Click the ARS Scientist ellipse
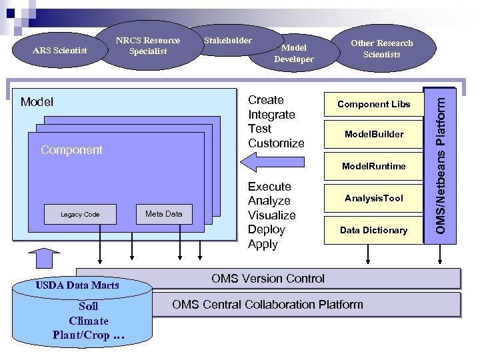click(x=60, y=50)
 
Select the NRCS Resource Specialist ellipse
click(x=148, y=45)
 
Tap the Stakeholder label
click(x=227, y=41)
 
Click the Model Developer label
click(x=293, y=53)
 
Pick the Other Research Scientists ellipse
click(x=381, y=48)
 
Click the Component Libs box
click(x=373, y=104)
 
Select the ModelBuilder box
click(x=373, y=134)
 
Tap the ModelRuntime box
click(x=373, y=166)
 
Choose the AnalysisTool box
click(x=373, y=198)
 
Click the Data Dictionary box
click(x=373, y=230)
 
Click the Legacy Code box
click(x=80, y=214)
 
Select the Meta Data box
click(x=163, y=214)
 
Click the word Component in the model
click(x=71, y=150)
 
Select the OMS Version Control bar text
click(x=268, y=279)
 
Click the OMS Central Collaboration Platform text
click(x=267, y=305)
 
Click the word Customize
click(x=276, y=143)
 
